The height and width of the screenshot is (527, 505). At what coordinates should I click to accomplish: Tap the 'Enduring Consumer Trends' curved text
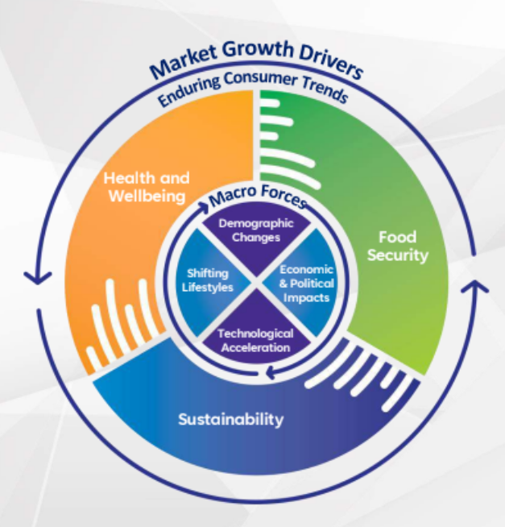point(253,87)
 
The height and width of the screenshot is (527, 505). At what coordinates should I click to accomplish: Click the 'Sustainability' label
point(230,419)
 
